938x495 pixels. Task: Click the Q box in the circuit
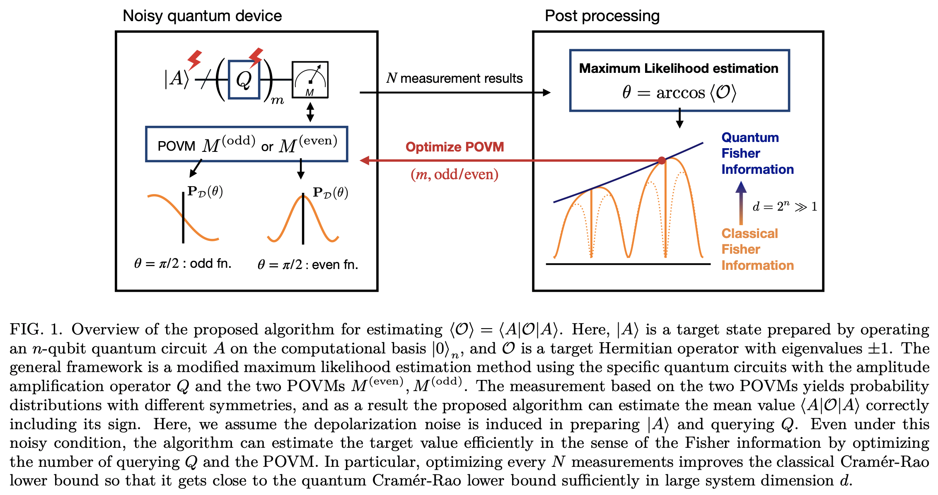point(244,80)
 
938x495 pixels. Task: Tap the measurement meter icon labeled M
point(310,80)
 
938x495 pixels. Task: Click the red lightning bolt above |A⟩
point(194,60)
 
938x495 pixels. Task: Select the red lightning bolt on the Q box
point(256,57)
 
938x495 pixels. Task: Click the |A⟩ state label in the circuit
point(176,78)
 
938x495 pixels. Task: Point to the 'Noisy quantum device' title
point(202,16)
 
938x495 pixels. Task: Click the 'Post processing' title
point(602,16)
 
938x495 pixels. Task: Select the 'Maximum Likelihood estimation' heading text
point(678,68)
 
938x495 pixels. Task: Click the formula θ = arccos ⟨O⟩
point(679,92)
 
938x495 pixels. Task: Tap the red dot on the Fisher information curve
point(662,161)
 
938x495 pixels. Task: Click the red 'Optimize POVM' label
point(454,147)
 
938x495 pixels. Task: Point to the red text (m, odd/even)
point(454,174)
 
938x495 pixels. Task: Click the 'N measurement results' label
point(454,78)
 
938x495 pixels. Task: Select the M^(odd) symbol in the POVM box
point(228,144)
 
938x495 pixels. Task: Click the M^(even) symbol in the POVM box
point(308,144)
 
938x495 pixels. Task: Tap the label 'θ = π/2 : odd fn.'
point(183,263)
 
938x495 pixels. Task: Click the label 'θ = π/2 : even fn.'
point(307,264)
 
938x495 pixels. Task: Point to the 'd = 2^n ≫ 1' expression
point(784,207)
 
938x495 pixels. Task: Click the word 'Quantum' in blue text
point(750,137)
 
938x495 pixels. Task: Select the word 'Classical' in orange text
point(749,233)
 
